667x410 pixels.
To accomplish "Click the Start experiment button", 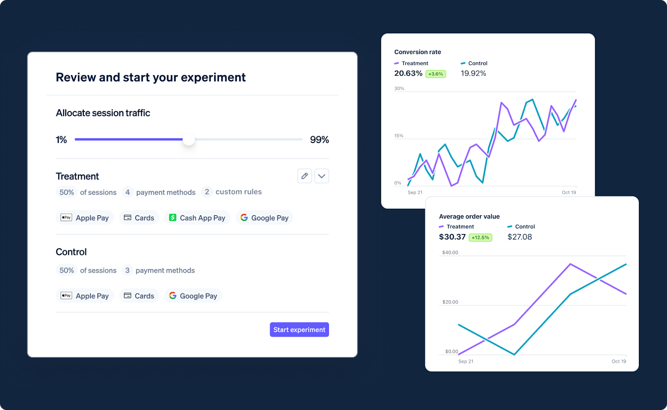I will click(299, 329).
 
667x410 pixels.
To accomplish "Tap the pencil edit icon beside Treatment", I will click(305, 176).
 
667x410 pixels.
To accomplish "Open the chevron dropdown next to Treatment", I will click(322, 176).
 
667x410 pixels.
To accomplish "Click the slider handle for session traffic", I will click(189, 140).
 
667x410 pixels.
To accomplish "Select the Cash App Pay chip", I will click(197, 218).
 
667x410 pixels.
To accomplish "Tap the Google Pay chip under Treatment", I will click(265, 218).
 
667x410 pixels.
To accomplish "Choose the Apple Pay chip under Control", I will click(85, 296).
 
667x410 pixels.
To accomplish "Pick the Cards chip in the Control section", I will click(139, 296).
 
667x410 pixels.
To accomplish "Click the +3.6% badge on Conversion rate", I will click(435, 74).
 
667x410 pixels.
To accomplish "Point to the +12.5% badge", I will click(480, 238).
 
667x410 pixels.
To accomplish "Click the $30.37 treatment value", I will click(452, 237).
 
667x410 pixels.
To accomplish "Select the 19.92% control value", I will click(473, 74).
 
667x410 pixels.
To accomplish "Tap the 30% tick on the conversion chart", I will click(399, 88).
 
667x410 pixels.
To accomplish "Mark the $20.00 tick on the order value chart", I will click(450, 302).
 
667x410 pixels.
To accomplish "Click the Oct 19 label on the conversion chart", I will click(568, 192).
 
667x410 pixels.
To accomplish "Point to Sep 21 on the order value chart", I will click(466, 361).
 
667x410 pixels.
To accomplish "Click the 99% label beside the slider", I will click(319, 140).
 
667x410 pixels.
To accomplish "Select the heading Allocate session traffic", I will click(103, 113).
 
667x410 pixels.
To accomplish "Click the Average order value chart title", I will click(469, 217).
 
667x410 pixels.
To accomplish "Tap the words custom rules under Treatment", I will click(239, 192).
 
